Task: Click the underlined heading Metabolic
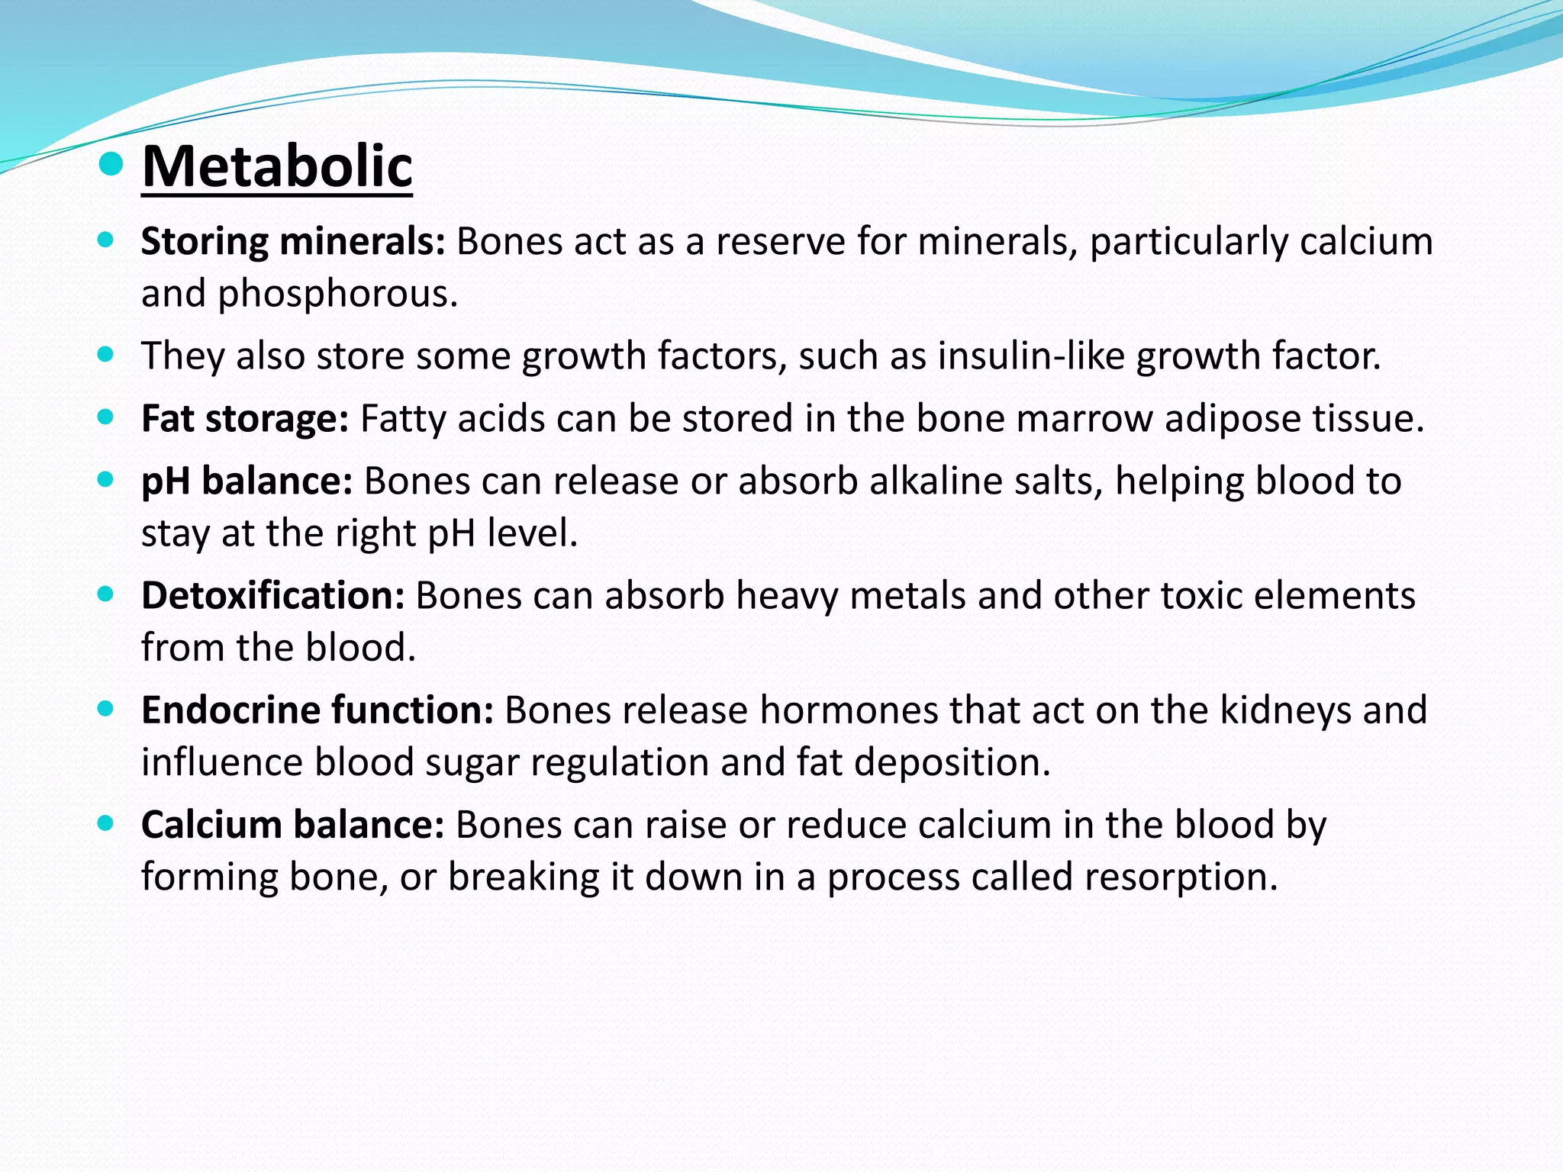tap(277, 166)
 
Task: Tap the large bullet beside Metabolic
tap(111, 163)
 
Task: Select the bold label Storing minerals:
tap(293, 242)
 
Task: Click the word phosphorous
tap(337, 295)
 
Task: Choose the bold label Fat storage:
tap(245, 419)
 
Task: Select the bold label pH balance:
tap(247, 481)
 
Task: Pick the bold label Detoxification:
tap(272, 596)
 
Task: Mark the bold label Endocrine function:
tap(317, 710)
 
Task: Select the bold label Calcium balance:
tap(292, 825)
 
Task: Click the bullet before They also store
tap(106, 354)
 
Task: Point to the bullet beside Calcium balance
tap(106, 823)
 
